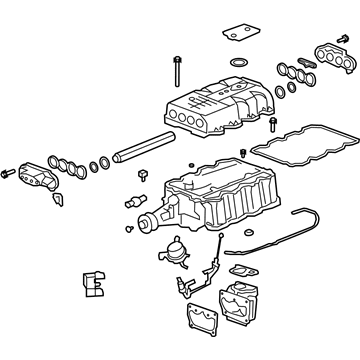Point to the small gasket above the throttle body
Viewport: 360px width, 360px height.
241,271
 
